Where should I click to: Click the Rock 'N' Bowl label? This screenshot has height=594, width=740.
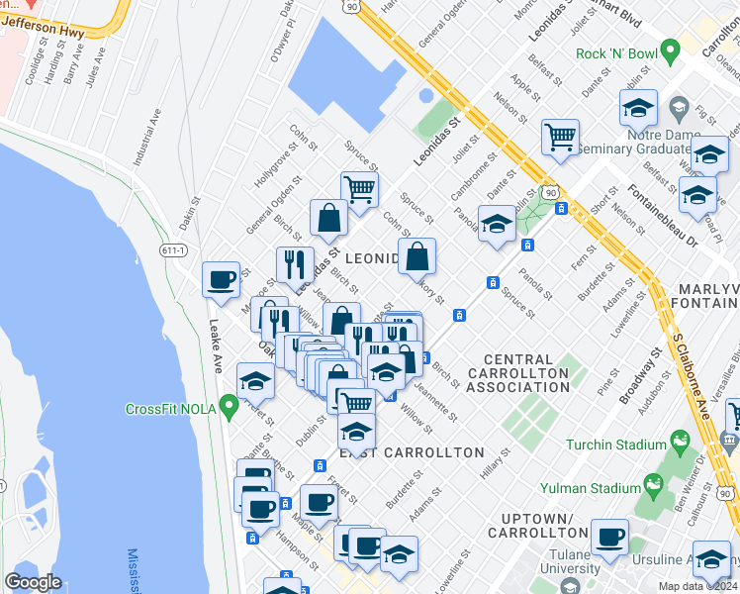pos(614,51)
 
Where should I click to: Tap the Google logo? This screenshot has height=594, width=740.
pos(34,582)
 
